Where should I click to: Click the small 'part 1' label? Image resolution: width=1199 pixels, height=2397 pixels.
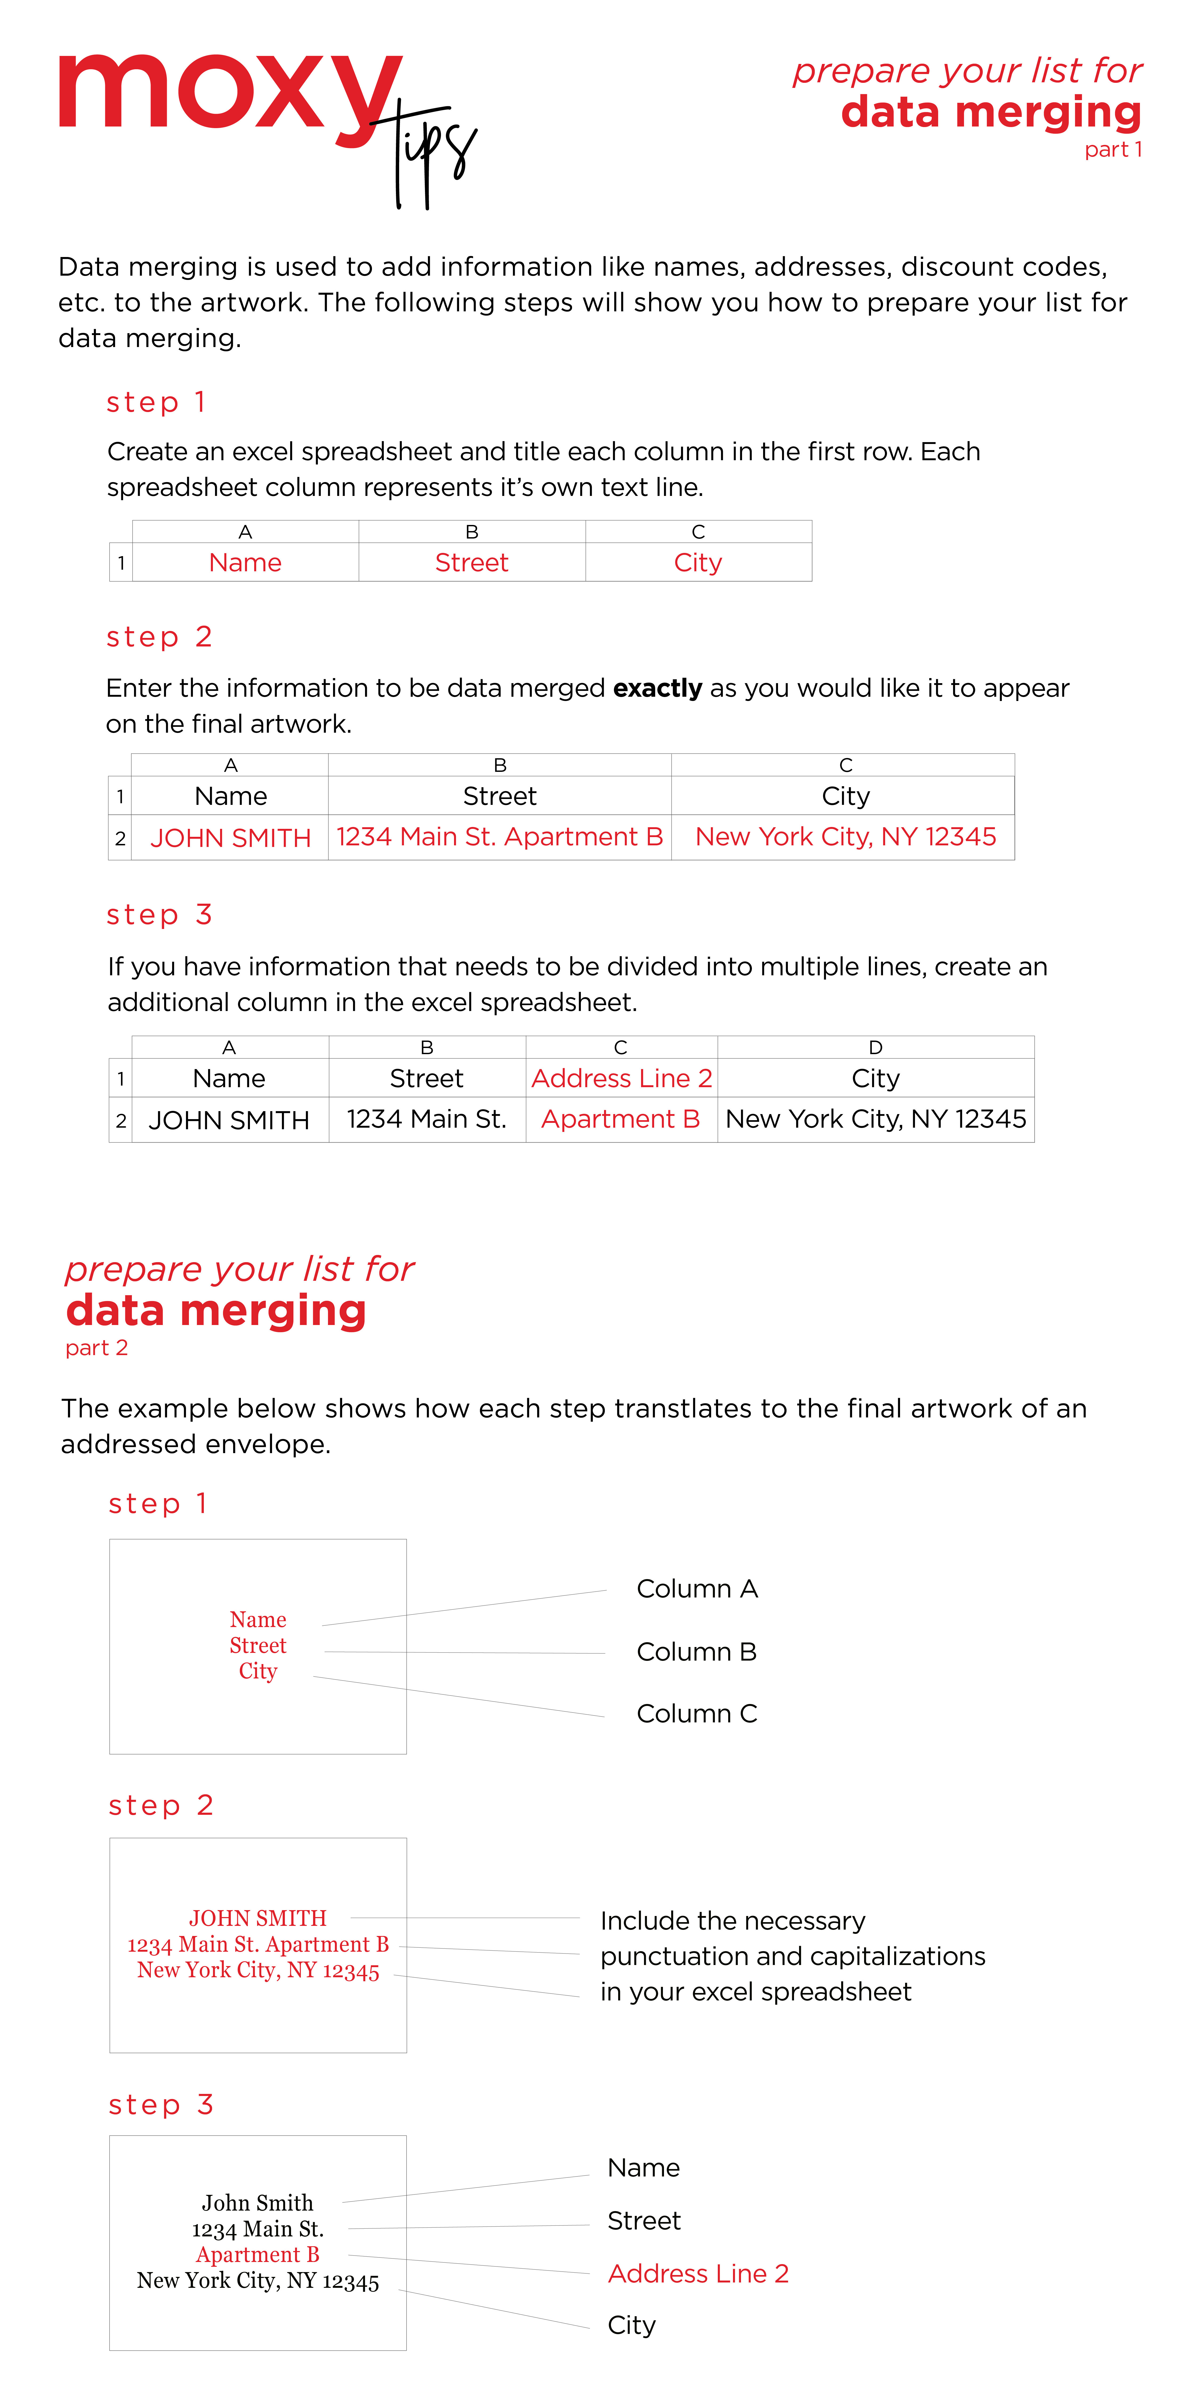(1112, 150)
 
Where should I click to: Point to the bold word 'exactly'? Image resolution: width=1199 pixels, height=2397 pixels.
(657, 688)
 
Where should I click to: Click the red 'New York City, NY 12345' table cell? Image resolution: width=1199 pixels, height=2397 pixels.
(845, 837)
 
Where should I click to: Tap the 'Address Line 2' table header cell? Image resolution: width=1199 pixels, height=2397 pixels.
(621, 1078)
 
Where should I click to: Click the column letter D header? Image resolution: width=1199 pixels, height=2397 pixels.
(875, 1048)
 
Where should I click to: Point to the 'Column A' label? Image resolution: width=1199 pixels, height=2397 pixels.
(696, 1589)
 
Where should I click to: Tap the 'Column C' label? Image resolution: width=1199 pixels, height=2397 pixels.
(696, 1714)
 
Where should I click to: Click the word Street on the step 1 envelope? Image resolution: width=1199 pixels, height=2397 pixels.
(258, 1646)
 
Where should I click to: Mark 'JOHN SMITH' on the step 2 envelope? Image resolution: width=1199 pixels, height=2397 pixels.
(258, 1919)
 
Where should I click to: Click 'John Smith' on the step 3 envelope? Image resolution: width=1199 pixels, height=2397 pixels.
(258, 2203)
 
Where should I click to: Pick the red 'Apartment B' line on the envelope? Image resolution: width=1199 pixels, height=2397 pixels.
(258, 2256)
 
